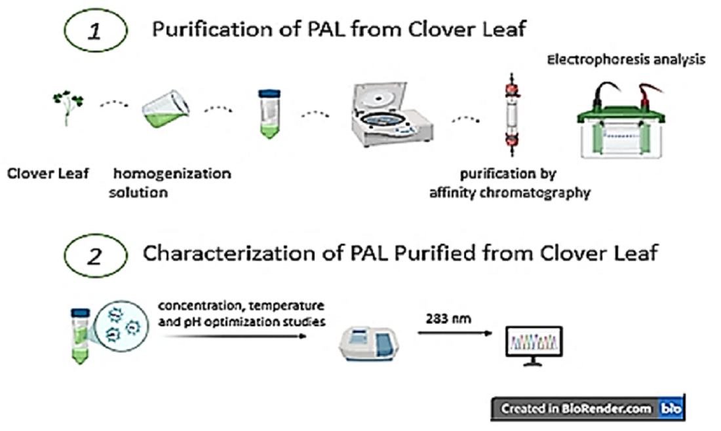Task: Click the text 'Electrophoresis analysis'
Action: click(627, 60)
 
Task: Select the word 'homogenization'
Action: click(172, 174)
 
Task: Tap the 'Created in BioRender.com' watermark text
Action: click(577, 409)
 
